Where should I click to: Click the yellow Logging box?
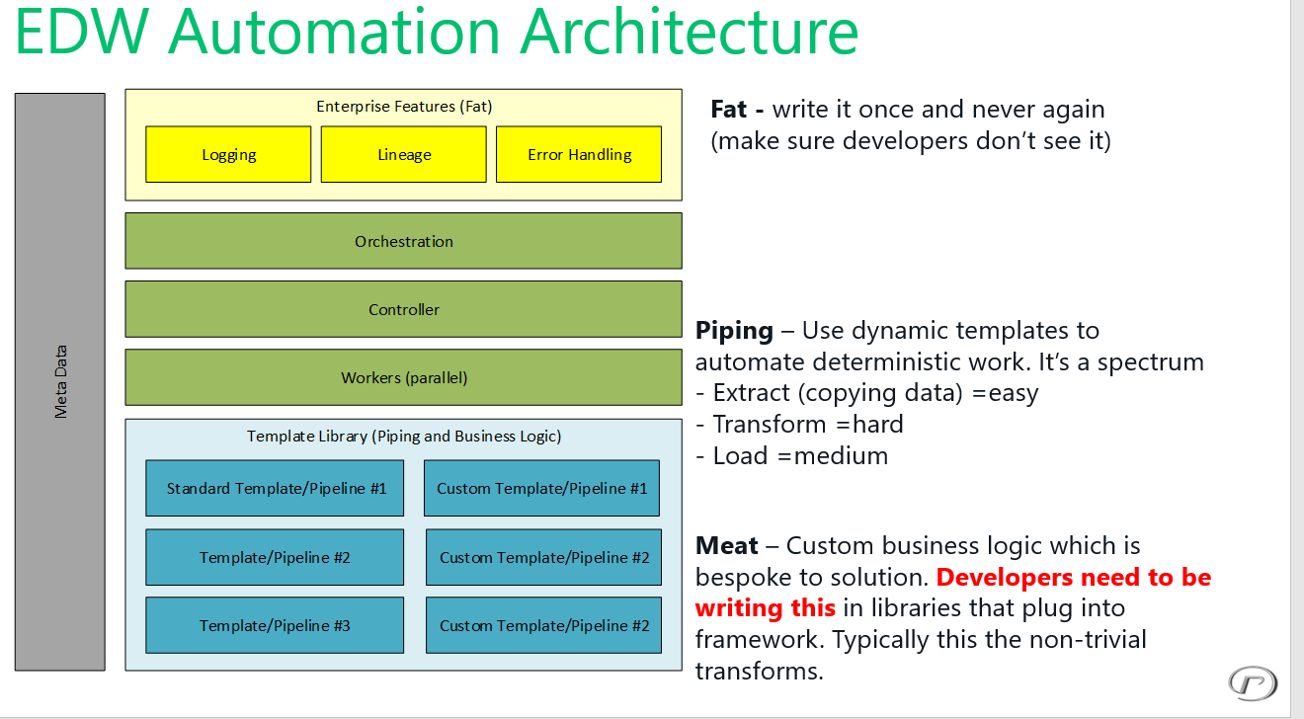pos(228,154)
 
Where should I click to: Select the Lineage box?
pos(404,154)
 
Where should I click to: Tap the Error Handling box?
pos(579,154)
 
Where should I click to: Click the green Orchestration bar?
pos(403,241)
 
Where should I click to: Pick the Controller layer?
pos(403,309)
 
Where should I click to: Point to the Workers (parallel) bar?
pos(403,377)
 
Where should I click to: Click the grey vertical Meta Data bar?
pos(60,382)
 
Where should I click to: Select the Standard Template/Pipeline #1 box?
pos(275,488)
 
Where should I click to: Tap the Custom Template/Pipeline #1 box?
pos(541,488)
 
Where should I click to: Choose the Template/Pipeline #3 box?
pos(275,625)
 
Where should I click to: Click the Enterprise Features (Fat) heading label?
pos(404,107)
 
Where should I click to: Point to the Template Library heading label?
pos(404,437)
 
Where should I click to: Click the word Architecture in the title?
pos(690,32)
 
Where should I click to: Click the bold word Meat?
pos(727,546)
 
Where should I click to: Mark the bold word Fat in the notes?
pos(730,110)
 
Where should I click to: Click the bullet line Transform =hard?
pos(800,425)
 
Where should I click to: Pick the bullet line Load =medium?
pos(792,456)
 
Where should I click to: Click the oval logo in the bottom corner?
pos(1253,682)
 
